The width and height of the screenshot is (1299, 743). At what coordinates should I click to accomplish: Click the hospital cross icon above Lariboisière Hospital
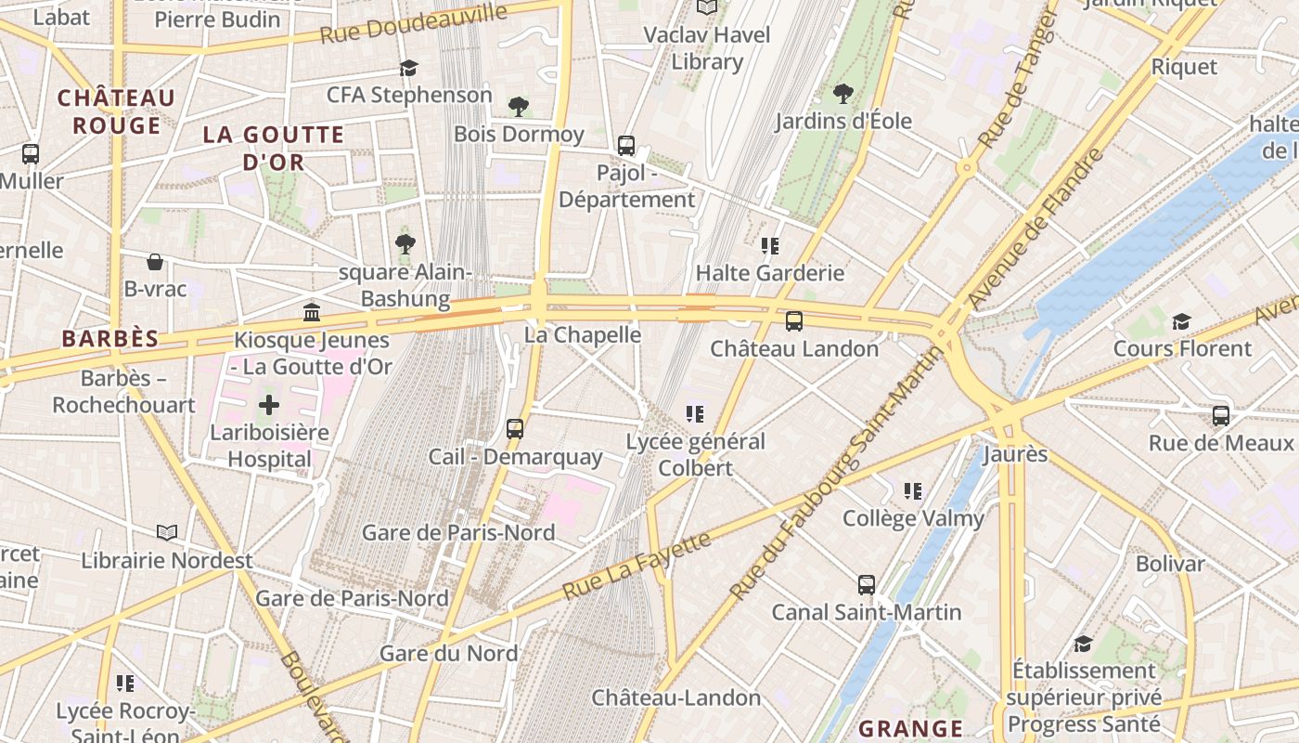pos(269,405)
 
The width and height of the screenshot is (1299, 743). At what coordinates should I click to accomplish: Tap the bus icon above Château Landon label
pos(794,321)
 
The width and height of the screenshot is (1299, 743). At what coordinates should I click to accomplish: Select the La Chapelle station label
pos(583,334)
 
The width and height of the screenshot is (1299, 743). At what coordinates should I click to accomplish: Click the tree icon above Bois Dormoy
pos(519,107)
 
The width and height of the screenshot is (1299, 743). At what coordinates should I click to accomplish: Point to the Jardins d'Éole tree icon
pos(843,93)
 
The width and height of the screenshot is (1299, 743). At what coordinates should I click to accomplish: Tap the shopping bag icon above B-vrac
pos(155,262)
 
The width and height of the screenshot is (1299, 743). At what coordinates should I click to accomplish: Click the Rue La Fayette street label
pos(637,565)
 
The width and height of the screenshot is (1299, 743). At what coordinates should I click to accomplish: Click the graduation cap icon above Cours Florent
pos(1181,321)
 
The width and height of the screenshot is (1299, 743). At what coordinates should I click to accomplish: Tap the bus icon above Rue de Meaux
pos(1221,415)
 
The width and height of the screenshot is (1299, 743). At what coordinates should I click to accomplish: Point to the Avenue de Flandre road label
pos(1037,228)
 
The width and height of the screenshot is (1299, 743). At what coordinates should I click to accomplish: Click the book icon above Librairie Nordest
pos(167,532)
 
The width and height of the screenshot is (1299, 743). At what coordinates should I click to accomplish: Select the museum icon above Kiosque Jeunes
pos(312,312)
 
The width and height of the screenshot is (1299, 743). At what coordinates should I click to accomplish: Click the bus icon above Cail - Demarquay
pos(515,429)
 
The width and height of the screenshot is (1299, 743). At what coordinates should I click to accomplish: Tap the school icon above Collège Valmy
pos(913,490)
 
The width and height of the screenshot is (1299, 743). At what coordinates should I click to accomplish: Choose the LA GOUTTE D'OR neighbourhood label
pos(273,148)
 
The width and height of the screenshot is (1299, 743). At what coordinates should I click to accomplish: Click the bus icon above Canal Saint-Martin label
pos(867,585)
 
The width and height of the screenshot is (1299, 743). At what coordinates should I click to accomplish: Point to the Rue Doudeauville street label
pos(414,23)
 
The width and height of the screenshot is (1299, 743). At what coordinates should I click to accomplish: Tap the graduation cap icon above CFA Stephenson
pos(408,68)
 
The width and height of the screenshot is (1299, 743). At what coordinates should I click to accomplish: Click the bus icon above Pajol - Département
pos(626,145)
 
